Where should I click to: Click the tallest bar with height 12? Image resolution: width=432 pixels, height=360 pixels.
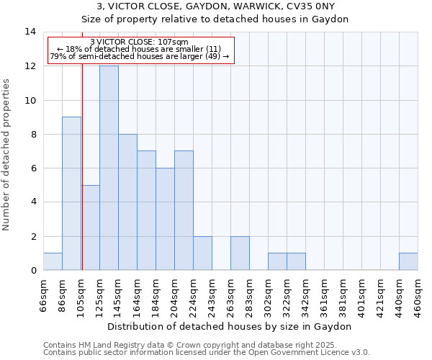[109, 168]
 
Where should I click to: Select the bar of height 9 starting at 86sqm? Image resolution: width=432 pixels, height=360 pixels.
[71, 193]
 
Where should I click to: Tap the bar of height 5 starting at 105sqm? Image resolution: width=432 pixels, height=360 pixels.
[90, 228]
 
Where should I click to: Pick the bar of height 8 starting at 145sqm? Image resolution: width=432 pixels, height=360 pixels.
[127, 202]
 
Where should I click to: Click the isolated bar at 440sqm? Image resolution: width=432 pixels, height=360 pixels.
[408, 261]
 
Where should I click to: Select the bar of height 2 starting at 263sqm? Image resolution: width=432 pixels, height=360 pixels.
[240, 253]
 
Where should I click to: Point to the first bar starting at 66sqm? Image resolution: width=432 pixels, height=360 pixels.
[53, 261]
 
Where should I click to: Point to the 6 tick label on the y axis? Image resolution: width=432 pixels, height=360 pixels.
[32, 168]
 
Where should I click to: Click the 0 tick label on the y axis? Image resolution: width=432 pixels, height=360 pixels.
[32, 271]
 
